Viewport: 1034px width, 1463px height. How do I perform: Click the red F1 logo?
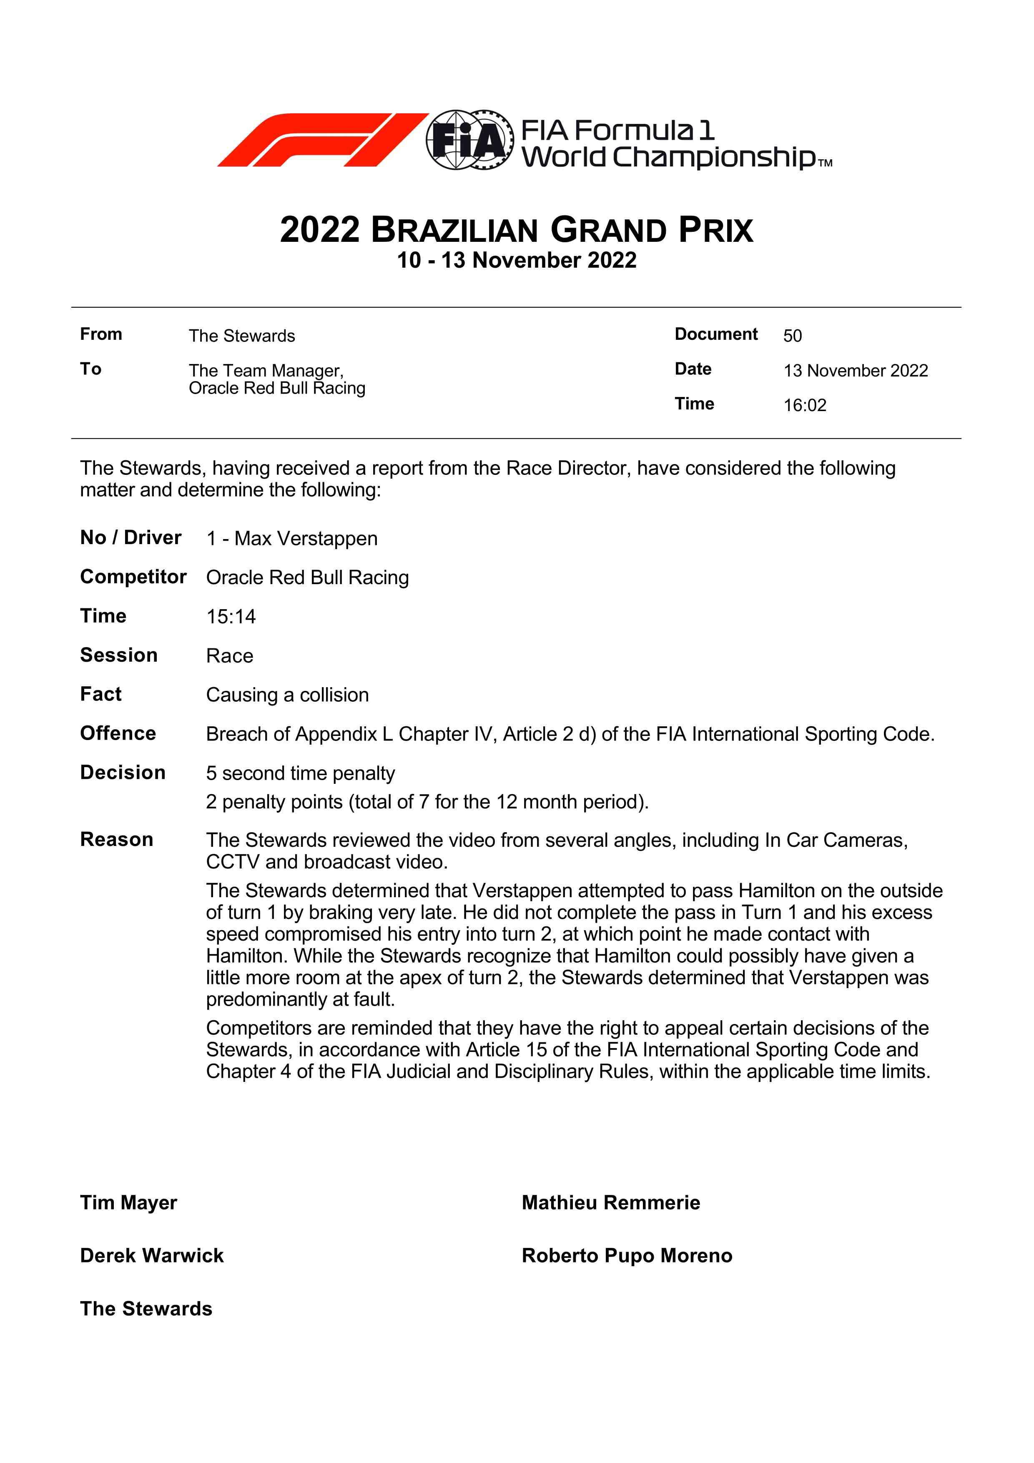coord(322,140)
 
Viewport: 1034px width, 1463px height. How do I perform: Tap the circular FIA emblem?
coord(469,140)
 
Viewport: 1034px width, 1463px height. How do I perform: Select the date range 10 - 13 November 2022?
coord(517,261)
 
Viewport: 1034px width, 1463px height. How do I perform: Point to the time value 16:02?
coord(805,405)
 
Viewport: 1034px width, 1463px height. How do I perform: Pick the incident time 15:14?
coord(231,617)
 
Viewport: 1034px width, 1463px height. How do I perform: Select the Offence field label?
coord(118,733)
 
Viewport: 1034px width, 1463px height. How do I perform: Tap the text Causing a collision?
coord(287,695)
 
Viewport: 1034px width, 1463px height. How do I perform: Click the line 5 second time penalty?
coord(300,773)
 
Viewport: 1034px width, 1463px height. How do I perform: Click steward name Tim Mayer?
coord(129,1203)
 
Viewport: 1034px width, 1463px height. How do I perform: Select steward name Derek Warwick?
coord(152,1256)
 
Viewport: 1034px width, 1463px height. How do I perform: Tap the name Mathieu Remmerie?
coord(610,1203)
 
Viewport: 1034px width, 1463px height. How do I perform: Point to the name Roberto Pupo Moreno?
coord(627,1256)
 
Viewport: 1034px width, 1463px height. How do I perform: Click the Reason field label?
coord(117,840)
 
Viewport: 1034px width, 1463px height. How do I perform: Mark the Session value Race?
coord(229,656)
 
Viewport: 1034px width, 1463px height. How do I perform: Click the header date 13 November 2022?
coord(856,371)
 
